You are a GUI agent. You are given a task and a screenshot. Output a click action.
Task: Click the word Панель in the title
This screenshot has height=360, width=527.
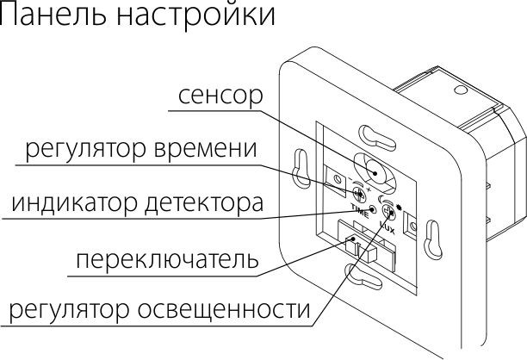tap(53, 16)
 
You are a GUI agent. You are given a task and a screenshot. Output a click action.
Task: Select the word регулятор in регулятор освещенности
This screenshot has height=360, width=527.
tap(64, 309)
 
